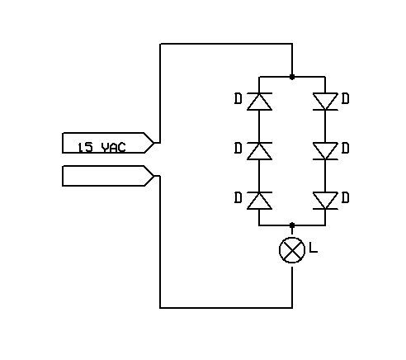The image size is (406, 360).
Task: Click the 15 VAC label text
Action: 101,148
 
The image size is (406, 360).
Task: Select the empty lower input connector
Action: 108,176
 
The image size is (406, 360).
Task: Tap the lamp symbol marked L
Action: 292,250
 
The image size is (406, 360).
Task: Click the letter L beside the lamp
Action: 314,248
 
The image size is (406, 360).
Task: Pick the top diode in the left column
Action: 259,102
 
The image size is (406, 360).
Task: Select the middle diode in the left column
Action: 259,151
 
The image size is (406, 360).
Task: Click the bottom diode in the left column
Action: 259,201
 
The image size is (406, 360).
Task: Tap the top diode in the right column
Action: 325,102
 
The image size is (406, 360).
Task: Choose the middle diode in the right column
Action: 325,151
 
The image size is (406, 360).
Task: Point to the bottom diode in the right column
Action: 325,201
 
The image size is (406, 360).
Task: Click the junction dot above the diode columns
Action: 292,77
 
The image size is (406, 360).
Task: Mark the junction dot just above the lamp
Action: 292,225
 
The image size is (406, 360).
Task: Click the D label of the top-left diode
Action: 238,99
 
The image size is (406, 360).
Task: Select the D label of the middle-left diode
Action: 238,149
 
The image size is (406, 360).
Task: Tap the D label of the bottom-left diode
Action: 238,198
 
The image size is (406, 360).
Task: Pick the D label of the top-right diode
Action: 346,99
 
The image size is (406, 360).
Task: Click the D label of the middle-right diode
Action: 346,149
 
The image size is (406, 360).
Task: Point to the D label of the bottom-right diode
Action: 346,198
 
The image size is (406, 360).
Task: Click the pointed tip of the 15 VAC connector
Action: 154,143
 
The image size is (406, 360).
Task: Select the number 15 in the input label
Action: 85,148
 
